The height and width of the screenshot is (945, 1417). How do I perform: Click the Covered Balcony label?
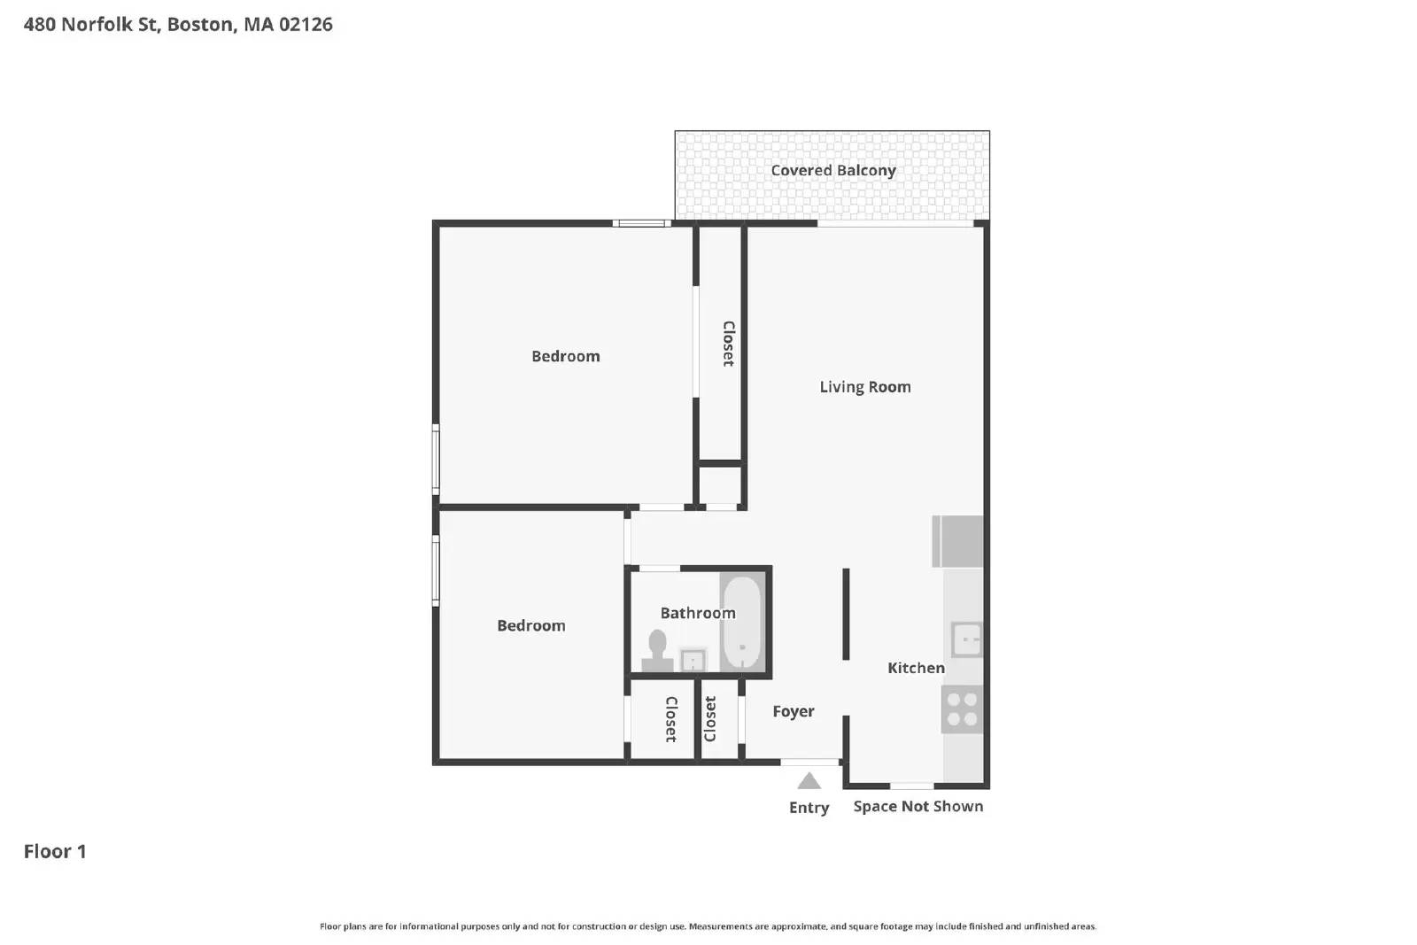click(x=832, y=170)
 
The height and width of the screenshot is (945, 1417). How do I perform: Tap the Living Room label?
click(x=864, y=387)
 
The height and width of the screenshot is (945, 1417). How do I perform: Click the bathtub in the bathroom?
click(x=741, y=624)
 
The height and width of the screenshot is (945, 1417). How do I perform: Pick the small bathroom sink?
click(x=693, y=661)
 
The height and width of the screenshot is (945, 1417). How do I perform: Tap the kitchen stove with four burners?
click(x=962, y=709)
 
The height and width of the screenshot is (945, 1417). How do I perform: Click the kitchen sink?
click(x=966, y=639)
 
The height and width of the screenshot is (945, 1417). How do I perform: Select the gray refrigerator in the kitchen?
click(x=958, y=541)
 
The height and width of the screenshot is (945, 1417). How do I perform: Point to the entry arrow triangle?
click(x=809, y=781)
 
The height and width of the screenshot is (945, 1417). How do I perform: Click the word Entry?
click(x=809, y=808)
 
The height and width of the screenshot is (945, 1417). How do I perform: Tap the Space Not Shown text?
click(x=918, y=806)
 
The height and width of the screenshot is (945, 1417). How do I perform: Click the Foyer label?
click(x=793, y=711)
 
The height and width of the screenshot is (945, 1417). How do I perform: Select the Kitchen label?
click(x=916, y=668)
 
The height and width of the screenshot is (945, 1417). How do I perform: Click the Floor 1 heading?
click(x=55, y=851)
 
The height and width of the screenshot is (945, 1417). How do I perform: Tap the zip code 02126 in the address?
click(x=306, y=24)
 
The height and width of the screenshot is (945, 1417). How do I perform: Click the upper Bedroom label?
click(x=565, y=356)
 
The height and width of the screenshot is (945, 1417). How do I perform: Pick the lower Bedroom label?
click(x=530, y=625)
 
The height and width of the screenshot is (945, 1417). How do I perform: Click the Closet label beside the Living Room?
click(x=728, y=344)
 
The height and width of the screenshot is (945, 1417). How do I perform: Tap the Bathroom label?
click(x=697, y=613)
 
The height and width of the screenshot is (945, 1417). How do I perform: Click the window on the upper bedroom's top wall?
click(x=641, y=223)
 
